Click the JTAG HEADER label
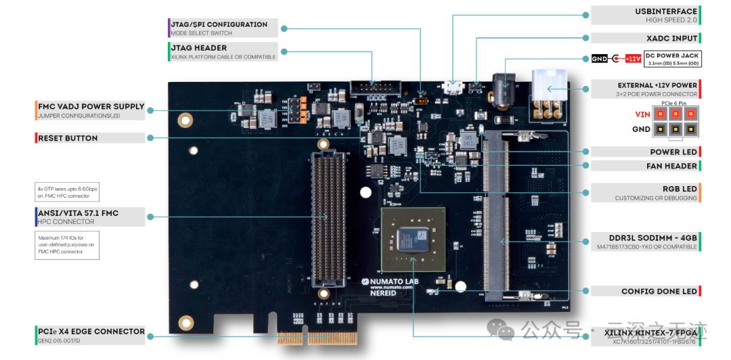click(199, 48)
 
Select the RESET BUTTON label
click(68, 138)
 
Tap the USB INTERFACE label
click(665, 12)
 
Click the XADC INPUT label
click(672, 39)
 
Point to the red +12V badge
click(633, 59)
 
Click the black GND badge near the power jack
click(600, 59)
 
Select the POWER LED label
click(673, 152)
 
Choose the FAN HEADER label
click(671, 166)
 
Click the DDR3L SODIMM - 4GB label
click(644, 238)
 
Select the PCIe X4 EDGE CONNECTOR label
click(91, 332)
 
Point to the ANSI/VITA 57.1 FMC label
click(78, 213)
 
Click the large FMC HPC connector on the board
click(328, 217)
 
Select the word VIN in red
click(642, 114)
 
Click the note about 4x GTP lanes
click(66, 192)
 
